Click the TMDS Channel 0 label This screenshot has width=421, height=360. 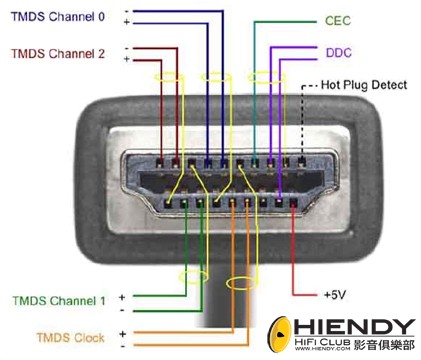tap(57, 17)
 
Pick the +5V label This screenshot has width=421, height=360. tap(336, 296)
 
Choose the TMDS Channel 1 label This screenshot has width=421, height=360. tap(59, 300)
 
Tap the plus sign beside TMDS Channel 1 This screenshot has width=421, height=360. tap(121, 297)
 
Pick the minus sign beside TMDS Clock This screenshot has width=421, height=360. tap(121, 344)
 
